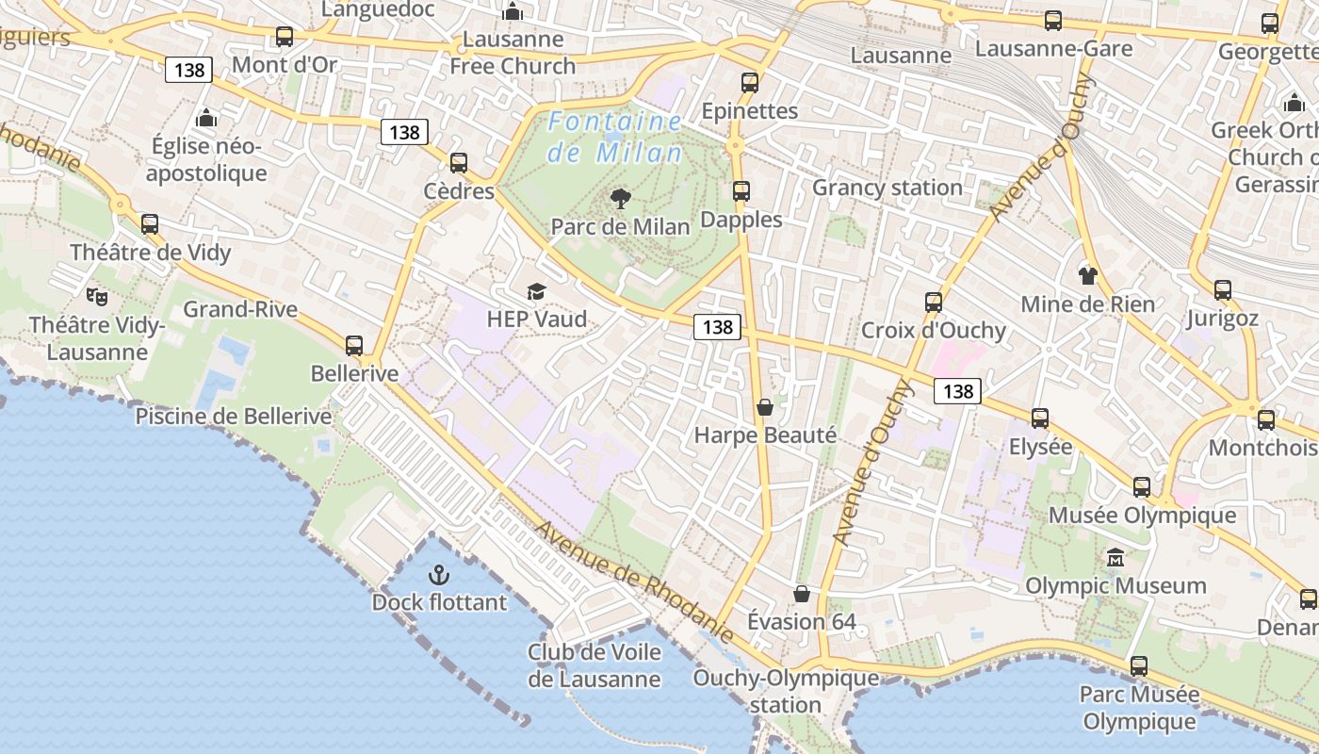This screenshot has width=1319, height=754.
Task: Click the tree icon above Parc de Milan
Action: [x=620, y=198]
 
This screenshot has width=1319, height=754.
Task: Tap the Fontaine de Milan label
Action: [x=615, y=137]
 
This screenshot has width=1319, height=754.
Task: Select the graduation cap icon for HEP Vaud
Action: [x=536, y=291]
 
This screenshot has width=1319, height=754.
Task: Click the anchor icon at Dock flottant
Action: [x=438, y=574]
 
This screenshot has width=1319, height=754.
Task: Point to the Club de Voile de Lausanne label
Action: [x=594, y=665]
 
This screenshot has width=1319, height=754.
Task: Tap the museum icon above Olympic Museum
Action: [x=1115, y=557]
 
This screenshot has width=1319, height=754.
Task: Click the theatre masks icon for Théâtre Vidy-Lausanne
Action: [x=96, y=297]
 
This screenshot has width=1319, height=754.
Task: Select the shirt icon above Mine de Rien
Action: [x=1088, y=275]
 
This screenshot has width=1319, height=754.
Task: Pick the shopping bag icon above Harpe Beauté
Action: [x=765, y=407]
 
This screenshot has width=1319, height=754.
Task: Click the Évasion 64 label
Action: [x=802, y=622]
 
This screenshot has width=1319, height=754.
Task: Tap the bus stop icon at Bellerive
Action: [x=354, y=346]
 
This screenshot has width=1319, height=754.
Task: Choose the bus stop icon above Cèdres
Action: [x=459, y=163]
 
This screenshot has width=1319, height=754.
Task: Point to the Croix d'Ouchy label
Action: [x=934, y=331]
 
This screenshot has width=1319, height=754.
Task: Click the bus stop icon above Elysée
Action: [x=1040, y=418]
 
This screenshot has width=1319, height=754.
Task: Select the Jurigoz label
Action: [x=1222, y=319]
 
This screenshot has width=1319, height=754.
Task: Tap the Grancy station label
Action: [x=887, y=188]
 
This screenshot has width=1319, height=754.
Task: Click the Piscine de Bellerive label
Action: [x=234, y=417]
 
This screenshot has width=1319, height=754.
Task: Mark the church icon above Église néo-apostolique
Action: [x=206, y=119]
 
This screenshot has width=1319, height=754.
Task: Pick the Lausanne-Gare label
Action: [x=1053, y=48]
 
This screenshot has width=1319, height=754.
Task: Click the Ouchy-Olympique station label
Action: [x=786, y=691]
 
